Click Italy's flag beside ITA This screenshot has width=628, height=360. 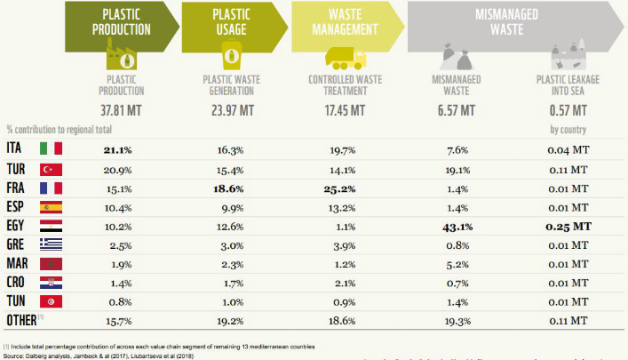tap(52, 148)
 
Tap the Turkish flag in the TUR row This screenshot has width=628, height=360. tap(52, 169)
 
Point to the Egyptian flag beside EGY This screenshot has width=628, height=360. tap(52, 227)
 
